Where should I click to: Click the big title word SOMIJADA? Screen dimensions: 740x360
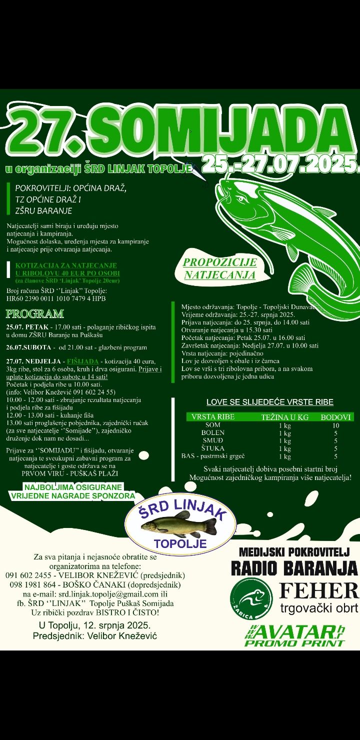pyautogui.click(x=220, y=131)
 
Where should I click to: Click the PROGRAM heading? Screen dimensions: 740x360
pyautogui.click(x=35, y=314)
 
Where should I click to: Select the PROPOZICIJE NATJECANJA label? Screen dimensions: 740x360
pyautogui.click(x=220, y=268)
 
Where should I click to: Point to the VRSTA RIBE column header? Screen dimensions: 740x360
pyautogui.click(x=212, y=416)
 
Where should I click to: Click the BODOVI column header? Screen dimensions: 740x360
pyautogui.click(x=336, y=416)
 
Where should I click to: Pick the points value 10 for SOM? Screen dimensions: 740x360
pyautogui.click(x=335, y=425)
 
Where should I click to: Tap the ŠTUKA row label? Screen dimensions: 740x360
pyautogui.click(x=212, y=448)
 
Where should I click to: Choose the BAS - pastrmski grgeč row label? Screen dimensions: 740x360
pyautogui.click(x=212, y=456)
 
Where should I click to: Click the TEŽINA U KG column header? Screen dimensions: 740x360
pyautogui.click(x=285, y=416)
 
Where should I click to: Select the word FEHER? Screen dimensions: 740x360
pyautogui.click(x=318, y=590)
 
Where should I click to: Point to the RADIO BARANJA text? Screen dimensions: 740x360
pyautogui.click(x=294, y=568)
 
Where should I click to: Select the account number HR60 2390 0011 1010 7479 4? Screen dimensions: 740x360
pyautogui.click(x=49, y=298)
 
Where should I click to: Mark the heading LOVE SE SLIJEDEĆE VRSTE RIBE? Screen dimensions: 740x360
pyautogui.click(x=270, y=402)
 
